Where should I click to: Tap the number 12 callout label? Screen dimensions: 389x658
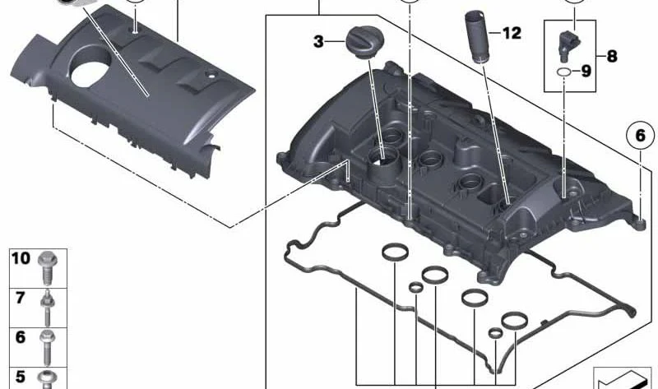pyautogui.click(x=511, y=33)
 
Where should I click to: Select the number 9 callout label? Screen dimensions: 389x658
pyautogui.click(x=586, y=72)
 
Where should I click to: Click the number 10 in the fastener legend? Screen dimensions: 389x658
pyautogui.click(x=21, y=258)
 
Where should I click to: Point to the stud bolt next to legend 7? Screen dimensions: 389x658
pyautogui.click(x=48, y=306)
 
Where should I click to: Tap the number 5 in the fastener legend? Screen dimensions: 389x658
pyautogui.click(x=21, y=377)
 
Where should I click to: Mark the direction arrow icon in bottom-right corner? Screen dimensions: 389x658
pyautogui.click(x=623, y=377)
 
